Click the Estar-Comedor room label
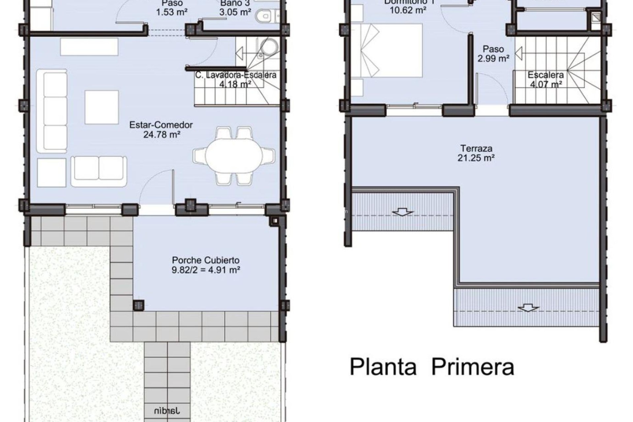coord(161,125)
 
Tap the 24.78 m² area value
coord(162,135)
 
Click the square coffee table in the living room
coord(102,107)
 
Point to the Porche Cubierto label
coord(206,260)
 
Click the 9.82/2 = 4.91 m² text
coord(206,270)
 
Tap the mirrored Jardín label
coord(167,411)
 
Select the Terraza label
coord(476,148)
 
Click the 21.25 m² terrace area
coord(476,158)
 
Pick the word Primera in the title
coord(473,367)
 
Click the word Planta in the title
coord(383,367)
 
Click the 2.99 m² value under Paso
coord(493,59)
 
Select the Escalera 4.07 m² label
coord(546,79)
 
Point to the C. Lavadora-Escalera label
coord(235,75)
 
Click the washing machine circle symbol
coord(269,46)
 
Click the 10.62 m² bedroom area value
coord(407,10)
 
